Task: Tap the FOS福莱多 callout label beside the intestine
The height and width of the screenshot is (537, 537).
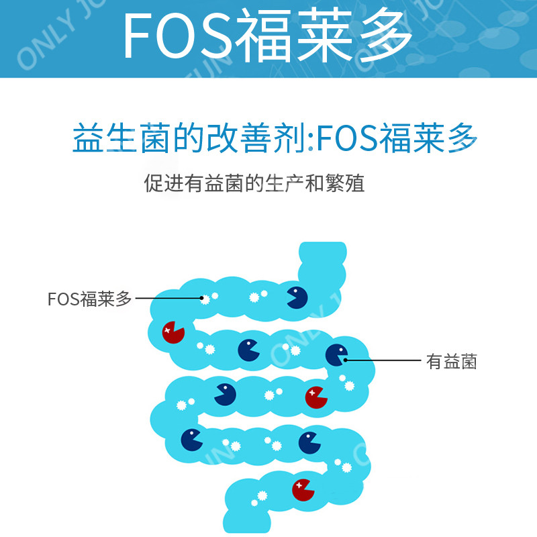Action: (x=90, y=299)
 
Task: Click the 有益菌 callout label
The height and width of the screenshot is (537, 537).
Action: (x=452, y=362)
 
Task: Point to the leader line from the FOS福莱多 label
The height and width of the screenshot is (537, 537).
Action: (x=168, y=298)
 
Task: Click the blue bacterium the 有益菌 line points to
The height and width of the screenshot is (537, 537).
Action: (x=336, y=354)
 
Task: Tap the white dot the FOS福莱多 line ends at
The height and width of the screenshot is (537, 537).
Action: (x=203, y=298)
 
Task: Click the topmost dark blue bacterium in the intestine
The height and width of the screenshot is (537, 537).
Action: (x=297, y=297)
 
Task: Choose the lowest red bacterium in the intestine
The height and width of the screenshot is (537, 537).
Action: (x=303, y=489)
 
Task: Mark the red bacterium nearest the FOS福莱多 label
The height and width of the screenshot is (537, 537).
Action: (x=173, y=331)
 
